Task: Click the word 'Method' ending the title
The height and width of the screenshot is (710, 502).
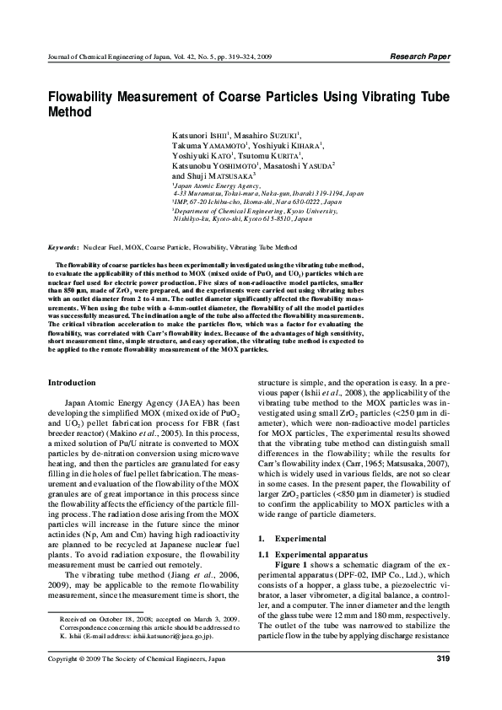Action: click(71, 111)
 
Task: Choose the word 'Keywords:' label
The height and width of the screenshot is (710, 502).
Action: click(63, 248)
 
